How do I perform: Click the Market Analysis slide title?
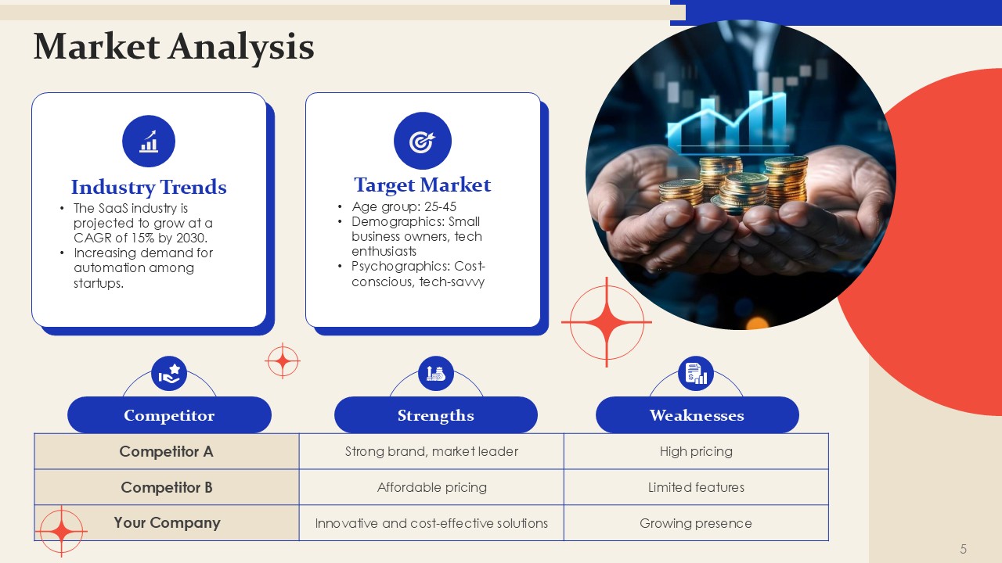click(x=174, y=46)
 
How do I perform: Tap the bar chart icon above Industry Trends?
click(x=149, y=142)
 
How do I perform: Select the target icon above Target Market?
click(x=422, y=141)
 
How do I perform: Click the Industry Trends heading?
click(x=149, y=187)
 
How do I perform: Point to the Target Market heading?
click(x=422, y=185)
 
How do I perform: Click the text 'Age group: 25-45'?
click(x=404, y=206)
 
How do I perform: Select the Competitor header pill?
click(x=169, y=415)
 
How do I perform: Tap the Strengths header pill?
click(x=436, y=415)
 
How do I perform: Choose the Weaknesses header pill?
click(x=697, y=415)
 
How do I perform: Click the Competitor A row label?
click(x=167, y=451)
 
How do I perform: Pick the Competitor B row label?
click(x=167, y=487)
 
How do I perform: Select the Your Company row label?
click(x=167, y=523)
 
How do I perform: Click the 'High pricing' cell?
click(x=696, y=451)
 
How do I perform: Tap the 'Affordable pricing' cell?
click(x=431, y=487)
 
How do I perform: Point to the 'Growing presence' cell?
click(x=696, y=523)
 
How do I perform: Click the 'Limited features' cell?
click(x=696, y=487)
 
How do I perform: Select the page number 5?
click(x=963, y=549)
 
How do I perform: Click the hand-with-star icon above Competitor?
click(x=169, y=374)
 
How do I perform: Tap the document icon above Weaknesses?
click(x=696, y=374)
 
